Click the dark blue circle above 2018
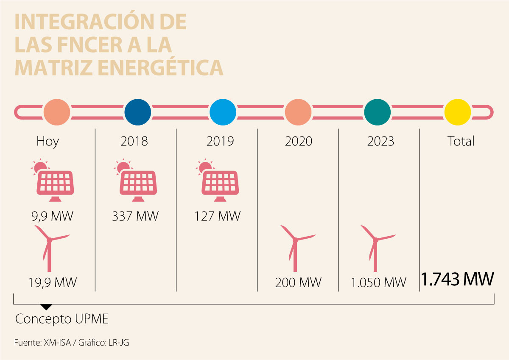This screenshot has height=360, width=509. (x=138, y=112)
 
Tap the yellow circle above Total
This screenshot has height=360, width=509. (x=458, y=112)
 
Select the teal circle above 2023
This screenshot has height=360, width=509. (x=378, y=112)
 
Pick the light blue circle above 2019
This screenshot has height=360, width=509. (x=223, y=112)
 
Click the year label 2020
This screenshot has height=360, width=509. (x=298, y=141)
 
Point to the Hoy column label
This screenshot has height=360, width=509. (x=48, y=141)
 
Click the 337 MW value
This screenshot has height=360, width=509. (x=135, y=216)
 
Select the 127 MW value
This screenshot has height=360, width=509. (x=218, y=216)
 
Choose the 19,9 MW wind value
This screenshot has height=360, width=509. (x=53, y=282)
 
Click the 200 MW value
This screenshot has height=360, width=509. (x=298, y=282)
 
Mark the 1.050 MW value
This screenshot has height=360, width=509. (x=379, y=282)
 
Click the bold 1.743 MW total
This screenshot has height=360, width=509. (x=458, y=279)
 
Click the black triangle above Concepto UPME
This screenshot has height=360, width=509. (x=46, y=307)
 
